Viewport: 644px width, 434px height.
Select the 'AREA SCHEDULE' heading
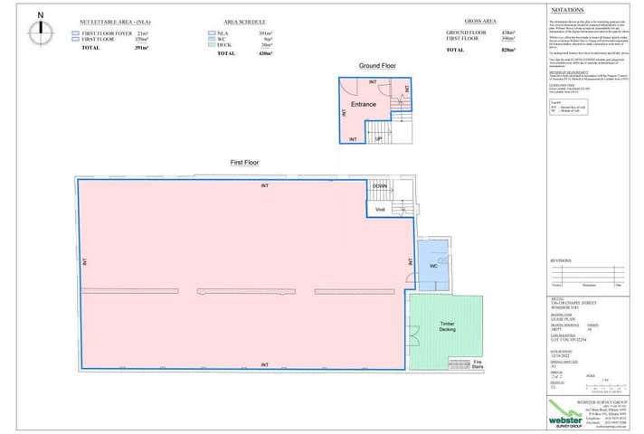pyautogui.click(x=243, y=19)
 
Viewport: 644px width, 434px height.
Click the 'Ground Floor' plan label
pyautogui.click(x=376, y=67)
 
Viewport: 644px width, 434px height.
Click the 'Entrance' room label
pyautogui.click(x=364, y=104)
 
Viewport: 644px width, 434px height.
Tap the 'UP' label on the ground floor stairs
pyautogui.click(x=379, y=139)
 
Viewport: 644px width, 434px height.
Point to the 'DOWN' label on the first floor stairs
pyautogui.click(x=381, y=185)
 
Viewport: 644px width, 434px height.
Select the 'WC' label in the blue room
pyautogui.click(x=432, y=266)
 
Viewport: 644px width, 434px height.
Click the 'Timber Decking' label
pyautogui.click(x=447, y=326)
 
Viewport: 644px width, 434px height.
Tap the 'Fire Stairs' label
pyautogui.click(x=478, y=364)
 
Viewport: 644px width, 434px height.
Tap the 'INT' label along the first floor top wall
pyautogui.click(x=264, y=185)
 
